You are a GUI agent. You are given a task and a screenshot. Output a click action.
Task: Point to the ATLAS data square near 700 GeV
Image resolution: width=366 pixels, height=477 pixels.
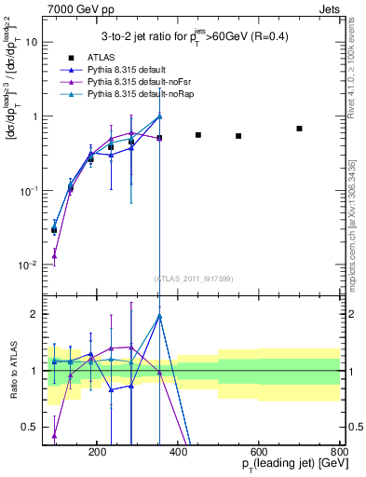tap(299, 129)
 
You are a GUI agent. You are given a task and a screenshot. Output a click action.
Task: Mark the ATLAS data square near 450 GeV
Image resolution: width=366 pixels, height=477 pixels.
tap(198, 135)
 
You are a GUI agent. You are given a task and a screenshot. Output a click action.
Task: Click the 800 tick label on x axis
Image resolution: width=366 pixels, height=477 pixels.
tap(340, 451)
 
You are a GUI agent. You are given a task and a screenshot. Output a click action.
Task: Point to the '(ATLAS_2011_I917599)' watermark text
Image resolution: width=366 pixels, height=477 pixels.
tap(192, 279)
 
